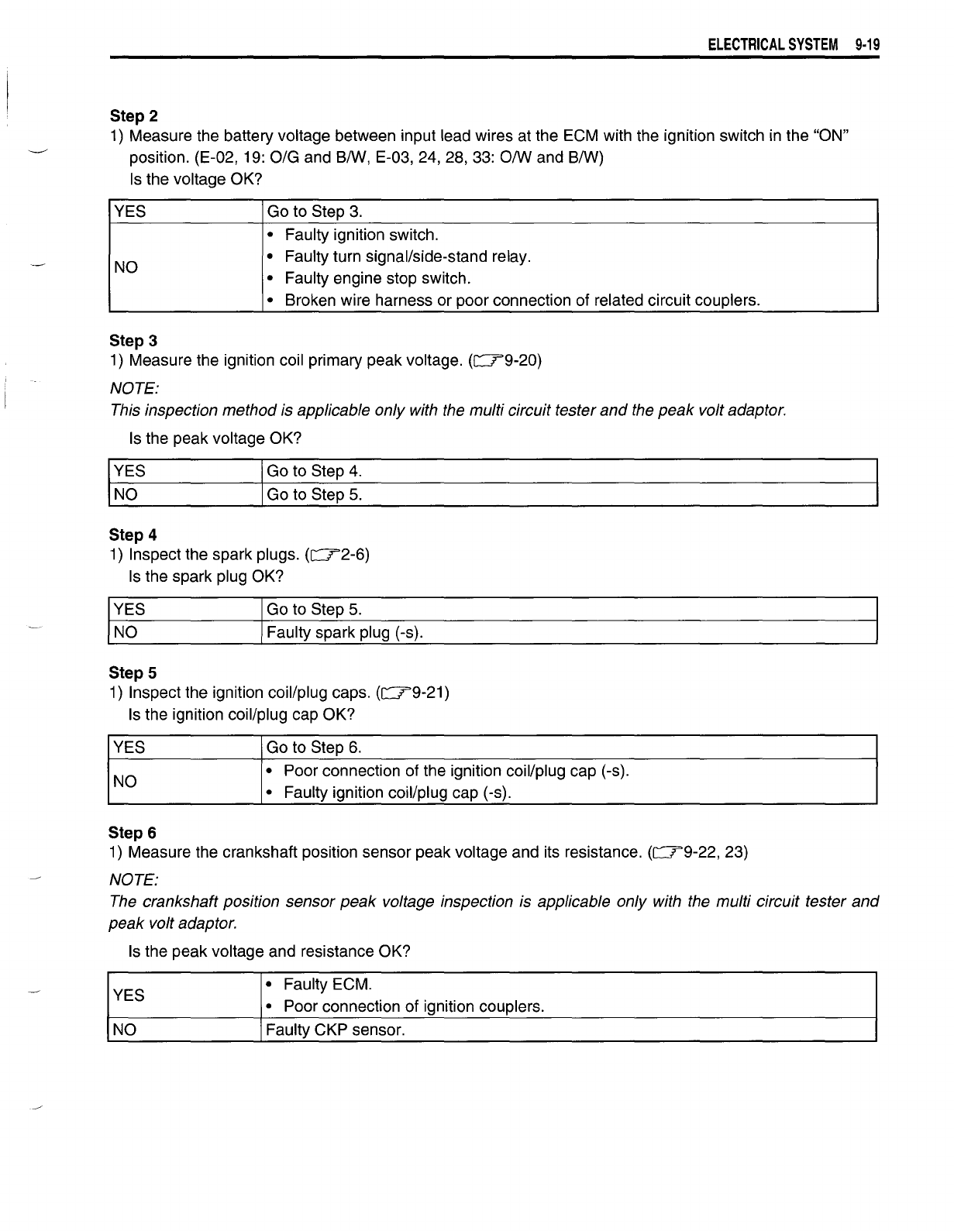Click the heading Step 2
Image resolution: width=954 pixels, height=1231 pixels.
[134, 116]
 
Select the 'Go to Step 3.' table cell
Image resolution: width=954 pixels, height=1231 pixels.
[314, 211]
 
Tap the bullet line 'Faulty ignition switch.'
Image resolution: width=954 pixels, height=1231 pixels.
[361, 235]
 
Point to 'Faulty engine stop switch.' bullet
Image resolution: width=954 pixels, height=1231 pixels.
[377, 278]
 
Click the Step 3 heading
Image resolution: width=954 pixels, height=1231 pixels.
[133, 341]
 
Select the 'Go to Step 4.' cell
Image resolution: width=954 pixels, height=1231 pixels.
[314, 471]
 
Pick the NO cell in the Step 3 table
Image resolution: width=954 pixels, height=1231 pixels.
[126, 494]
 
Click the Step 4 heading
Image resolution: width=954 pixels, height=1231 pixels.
[133, 535]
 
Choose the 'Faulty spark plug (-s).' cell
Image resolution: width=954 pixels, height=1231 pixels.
[345, 633]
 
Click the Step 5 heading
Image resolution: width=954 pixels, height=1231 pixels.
[133, 673]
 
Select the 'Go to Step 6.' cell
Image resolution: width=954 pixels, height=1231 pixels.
[314, 748]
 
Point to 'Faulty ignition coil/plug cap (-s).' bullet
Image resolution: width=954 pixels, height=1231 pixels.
[398, 793]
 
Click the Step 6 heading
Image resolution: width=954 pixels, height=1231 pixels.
[133, 833]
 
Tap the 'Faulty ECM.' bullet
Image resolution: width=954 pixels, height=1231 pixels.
[328, 985]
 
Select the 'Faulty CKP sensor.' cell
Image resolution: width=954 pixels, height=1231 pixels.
[336, 1030]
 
